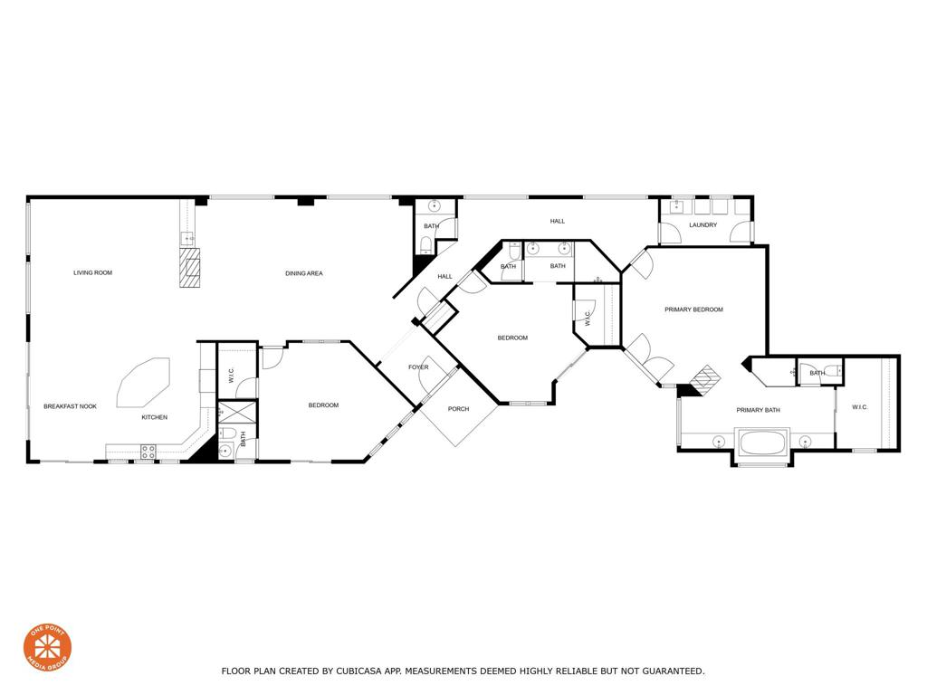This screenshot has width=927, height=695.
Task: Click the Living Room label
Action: (x=92, y=272)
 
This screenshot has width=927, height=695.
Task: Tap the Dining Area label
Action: (x=304, y=273)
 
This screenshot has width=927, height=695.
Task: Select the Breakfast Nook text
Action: (x=70, y=406)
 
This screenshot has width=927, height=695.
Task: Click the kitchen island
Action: (x=143, y=382)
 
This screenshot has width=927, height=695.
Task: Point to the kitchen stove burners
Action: (x=148, y=451)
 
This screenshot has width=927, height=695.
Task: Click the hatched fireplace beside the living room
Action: (x=188, y=269)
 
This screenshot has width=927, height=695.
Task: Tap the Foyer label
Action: (x=418, y=367)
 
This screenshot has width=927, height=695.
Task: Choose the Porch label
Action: (x=459, y=409)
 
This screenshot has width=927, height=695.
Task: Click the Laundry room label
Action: (x=703, y=225)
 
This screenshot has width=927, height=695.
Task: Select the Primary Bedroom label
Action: (x=693, y=309)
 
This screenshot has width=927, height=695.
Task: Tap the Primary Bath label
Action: (x=758, y=410)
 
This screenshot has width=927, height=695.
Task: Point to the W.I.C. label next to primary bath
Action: (x=859, y=407)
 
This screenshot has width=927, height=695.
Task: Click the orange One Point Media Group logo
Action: (x=47, y=648)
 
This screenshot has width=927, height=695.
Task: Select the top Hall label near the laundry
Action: (x=558, y=221)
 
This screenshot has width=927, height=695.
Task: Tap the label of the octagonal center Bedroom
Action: (x=512, y=338)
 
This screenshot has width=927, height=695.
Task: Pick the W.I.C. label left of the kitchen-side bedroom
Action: (x=231, y=374)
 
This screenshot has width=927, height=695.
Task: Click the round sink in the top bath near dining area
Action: (x=434, y=207)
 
